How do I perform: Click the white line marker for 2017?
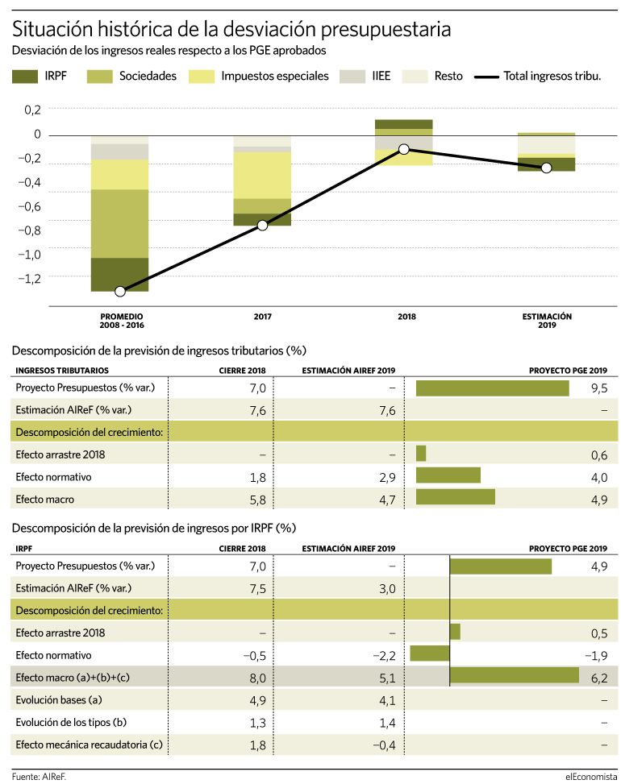click(x=262, y=225)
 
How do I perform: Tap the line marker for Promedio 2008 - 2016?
click(x=120, y=291)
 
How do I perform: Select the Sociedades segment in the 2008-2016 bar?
click(x=119, y=223)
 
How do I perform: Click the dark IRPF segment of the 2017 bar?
click(x=262, y=219)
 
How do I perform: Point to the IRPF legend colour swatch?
click(x=24, y=77)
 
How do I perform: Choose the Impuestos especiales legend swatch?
click(x=202, y=77)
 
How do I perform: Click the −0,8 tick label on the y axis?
click(x=30, y=230)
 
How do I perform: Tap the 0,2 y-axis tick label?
click(x=32, y=110)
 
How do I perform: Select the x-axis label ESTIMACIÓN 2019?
click(x=547, y=321)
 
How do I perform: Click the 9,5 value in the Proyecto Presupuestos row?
click(x=599, y=388)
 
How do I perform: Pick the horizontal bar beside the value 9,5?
click(x=493, y=388)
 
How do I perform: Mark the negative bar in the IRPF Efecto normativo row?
click(x=430, y=653)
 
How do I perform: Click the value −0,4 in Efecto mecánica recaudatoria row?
click(x=384, y=745)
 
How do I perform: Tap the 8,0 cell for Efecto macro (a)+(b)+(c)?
click(x=258, y=678)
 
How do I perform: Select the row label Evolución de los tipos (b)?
click(x=71, y=723)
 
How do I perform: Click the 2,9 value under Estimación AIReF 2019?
click(x=387, y=478)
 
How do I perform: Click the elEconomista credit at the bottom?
click(x=591, y=777)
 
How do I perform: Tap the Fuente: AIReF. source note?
click(x=39, y=777)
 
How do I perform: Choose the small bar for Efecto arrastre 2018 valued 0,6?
click(x=421, y=454)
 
